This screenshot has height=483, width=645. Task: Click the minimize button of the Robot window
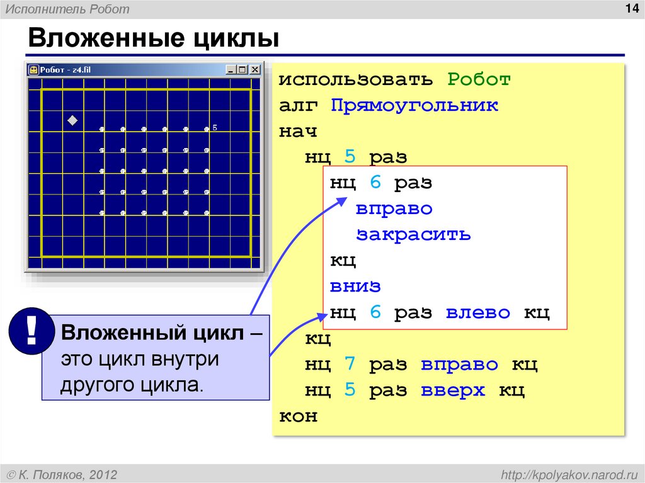(x=231, y=70)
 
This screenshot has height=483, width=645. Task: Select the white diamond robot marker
(x=72, y=120)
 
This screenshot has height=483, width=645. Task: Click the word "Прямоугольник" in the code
(x=414, y=105)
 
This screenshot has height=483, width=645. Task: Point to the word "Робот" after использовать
(x=479, y=80)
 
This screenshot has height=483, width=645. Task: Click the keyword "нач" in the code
(x=299, y=132)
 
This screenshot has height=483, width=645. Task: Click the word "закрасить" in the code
(x=413, y=235)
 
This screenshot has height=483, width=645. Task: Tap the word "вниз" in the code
(x=355, y=286)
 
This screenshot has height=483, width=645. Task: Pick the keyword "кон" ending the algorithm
(x=299, y=416)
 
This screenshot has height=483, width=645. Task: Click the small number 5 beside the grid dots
(x=215, y=127)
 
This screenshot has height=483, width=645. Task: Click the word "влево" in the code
(x=478, y=312)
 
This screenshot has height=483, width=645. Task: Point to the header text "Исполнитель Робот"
(x=68, y=9)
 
